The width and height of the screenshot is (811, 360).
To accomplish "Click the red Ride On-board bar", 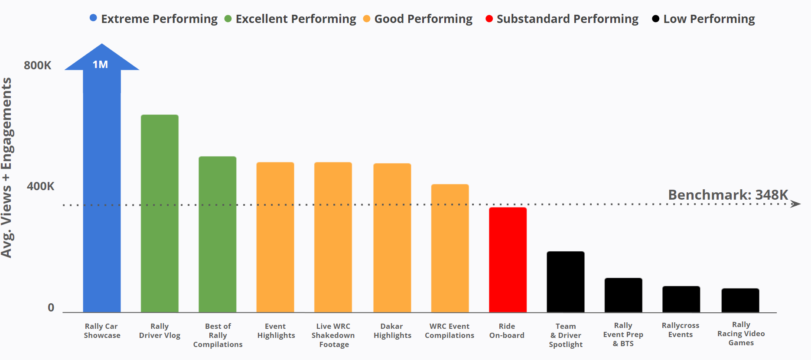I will point(508,259).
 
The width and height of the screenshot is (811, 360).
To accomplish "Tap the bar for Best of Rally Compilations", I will point(217,234).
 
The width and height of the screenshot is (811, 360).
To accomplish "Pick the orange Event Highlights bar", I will point(275,237).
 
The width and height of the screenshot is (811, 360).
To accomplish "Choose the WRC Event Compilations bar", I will point(450,248).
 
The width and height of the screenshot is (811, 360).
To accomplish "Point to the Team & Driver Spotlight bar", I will point(565,282).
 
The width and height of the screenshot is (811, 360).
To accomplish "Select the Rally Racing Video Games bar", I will point(740,300).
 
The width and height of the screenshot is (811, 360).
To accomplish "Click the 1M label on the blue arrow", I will point(100,65).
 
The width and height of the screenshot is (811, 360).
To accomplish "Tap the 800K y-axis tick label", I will point(37,65).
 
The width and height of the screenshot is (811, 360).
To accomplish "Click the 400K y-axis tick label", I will point(40,186).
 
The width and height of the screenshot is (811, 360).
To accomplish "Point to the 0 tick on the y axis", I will point(51,308).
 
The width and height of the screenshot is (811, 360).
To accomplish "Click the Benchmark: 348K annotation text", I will point(728,195).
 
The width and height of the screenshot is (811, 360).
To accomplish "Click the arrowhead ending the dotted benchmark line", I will point(796,204).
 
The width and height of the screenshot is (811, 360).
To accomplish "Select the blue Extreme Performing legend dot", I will point(93,18).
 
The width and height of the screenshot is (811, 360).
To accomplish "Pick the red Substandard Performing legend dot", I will point(489,19).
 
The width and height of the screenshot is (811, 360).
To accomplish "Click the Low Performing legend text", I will point(709,19).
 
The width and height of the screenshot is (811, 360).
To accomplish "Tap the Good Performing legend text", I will point(423,19).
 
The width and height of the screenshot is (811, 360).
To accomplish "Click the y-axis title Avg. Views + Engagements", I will point(7,167).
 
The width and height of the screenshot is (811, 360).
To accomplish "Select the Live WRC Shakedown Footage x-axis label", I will point(333,335).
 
